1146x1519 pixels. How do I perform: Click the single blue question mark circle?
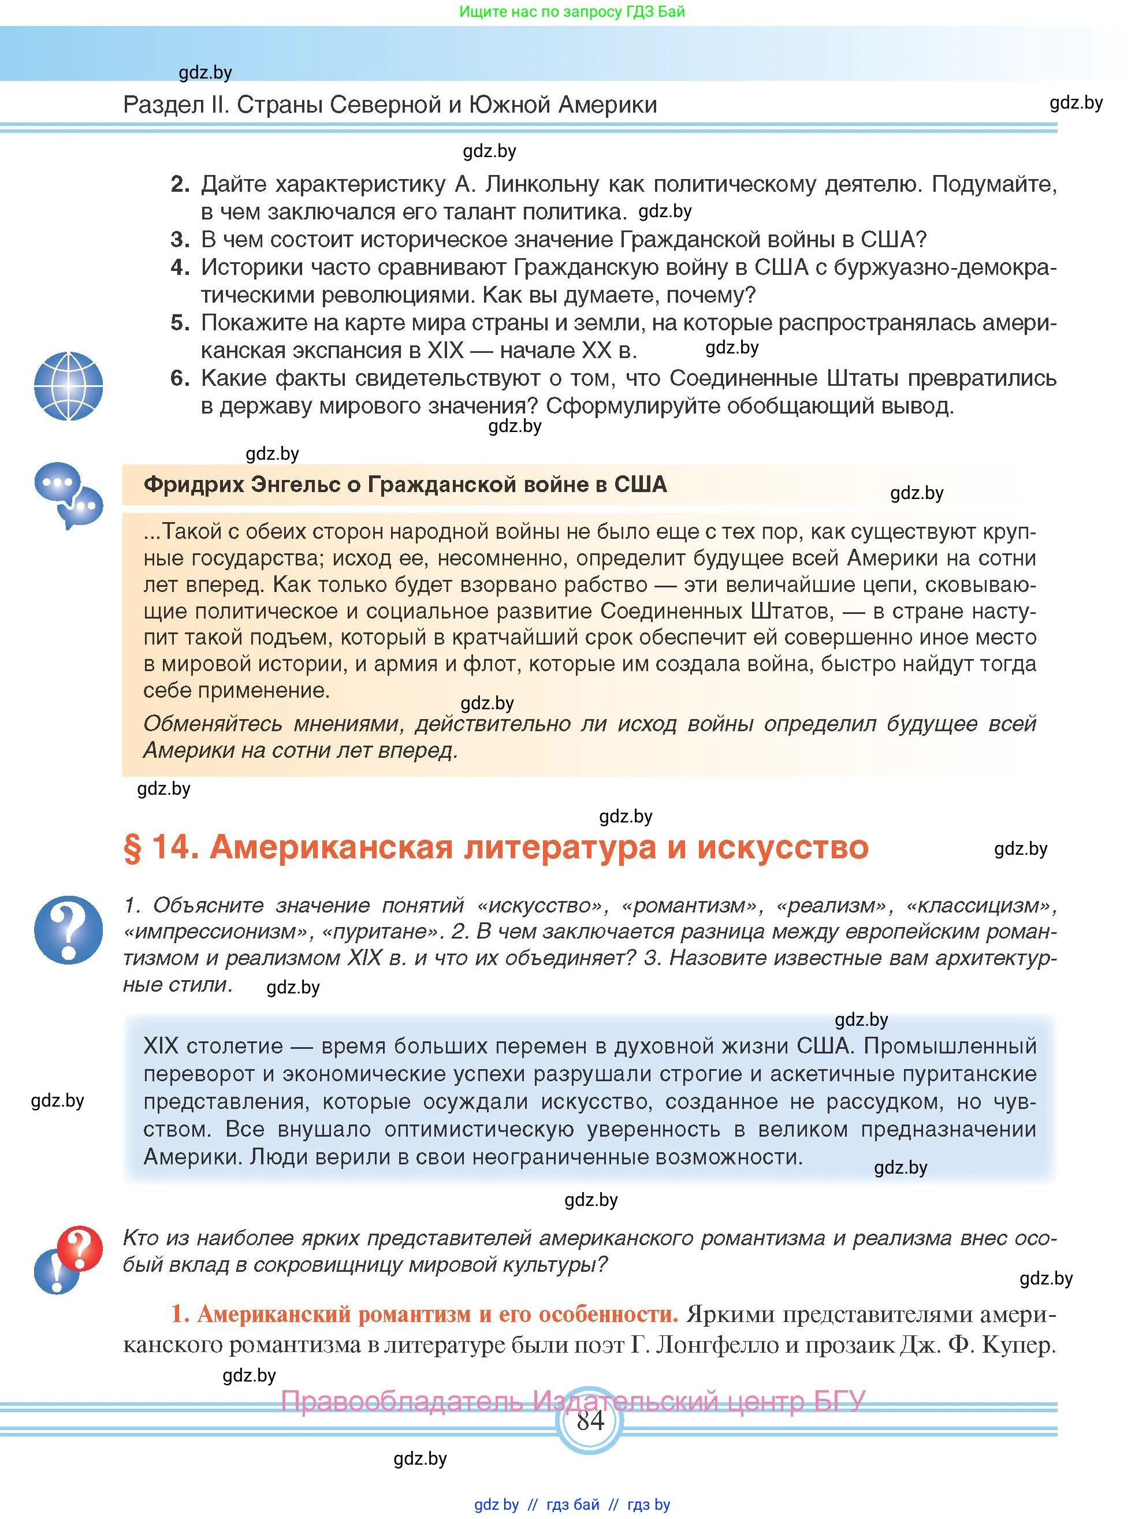[x=68, y=929]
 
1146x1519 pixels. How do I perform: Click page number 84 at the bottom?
[x=590, y=1420]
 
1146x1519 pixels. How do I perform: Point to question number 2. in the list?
[x=180, y=184]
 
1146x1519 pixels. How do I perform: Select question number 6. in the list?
[x=180, y=378]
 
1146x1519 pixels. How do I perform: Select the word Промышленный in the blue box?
[x=950, y=1046]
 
